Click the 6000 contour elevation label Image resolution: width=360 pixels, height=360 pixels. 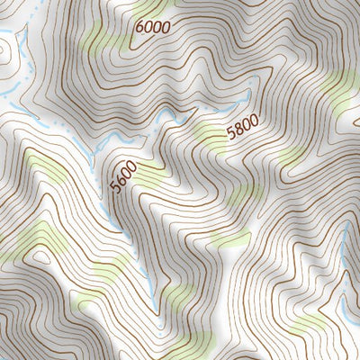[152, 27]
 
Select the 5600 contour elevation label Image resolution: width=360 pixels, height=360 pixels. [122, 176]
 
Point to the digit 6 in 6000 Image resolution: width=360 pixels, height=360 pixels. [139, 28]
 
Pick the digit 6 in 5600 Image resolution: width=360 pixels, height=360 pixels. [119, 181]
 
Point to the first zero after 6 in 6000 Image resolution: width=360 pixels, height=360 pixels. [148, 27]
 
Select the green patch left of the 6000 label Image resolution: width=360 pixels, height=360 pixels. [99, 36]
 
